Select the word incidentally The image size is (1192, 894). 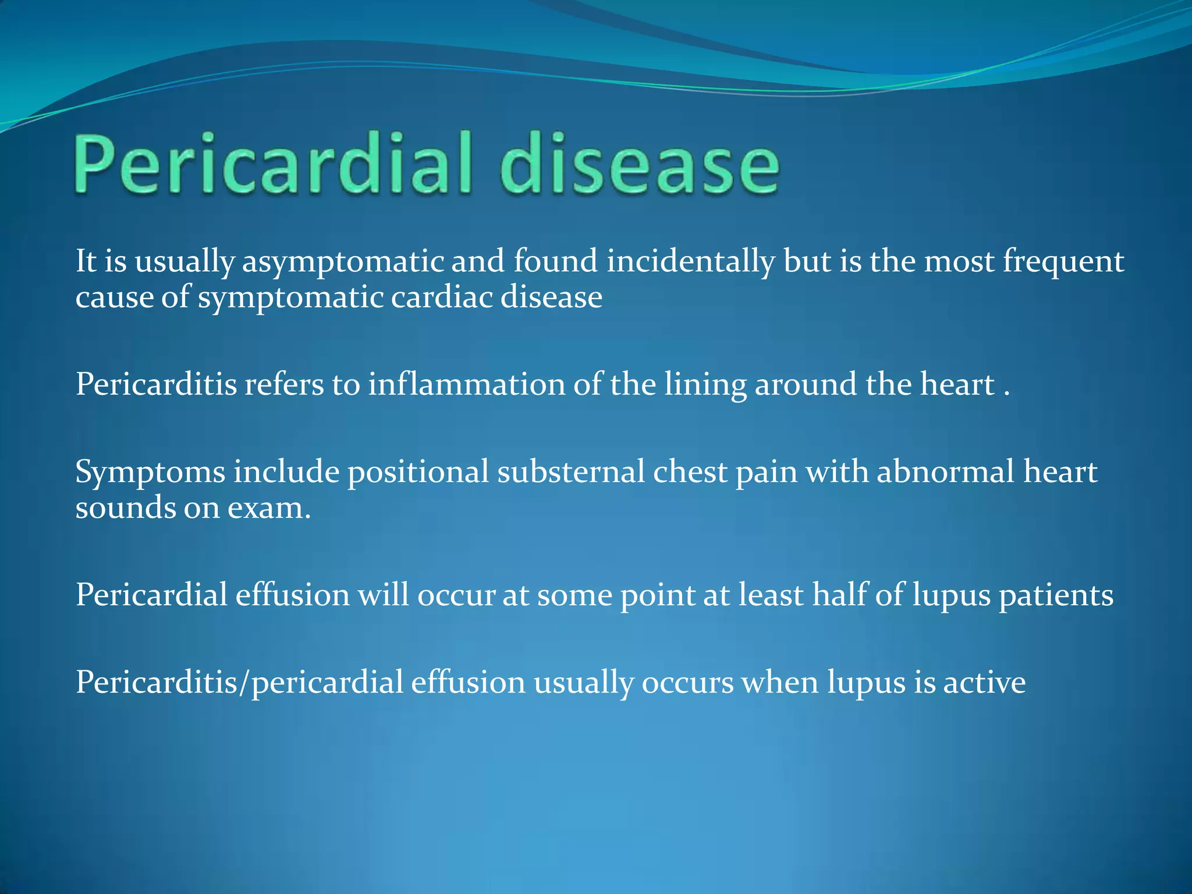click(691, 262)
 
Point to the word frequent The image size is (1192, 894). click(1063, 262)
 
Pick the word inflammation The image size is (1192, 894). click(466, 385)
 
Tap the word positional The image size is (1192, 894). click(418, 472)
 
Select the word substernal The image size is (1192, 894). click(571, 472)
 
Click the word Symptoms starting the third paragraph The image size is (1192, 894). click(150, 473)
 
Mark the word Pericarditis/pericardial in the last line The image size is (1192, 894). click(239, 683)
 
